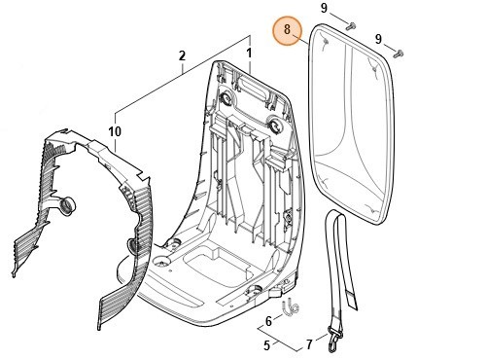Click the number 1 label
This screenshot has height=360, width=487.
tap(249, 54)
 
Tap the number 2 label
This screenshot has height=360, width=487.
tap(182, 55)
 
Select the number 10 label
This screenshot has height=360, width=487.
tap(115, 131)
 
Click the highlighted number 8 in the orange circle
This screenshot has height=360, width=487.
tap(287, 30)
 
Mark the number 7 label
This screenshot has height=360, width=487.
tap(309, 344)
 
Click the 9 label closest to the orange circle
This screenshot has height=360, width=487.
tap(324, 8)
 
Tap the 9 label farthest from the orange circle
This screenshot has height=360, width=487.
tap(378, 39)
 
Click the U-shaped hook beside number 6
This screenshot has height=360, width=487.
tap(291, 307)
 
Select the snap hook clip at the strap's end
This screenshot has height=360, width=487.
tap(333, 340)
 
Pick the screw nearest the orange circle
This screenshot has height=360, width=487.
tap(350, 26)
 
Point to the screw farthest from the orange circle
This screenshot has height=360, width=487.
tap(398, 54)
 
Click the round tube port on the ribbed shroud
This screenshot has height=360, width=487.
tap(67, 205)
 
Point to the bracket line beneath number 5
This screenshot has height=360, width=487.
tap(278, 340)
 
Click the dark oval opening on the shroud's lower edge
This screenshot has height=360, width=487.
tap(132, 245)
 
